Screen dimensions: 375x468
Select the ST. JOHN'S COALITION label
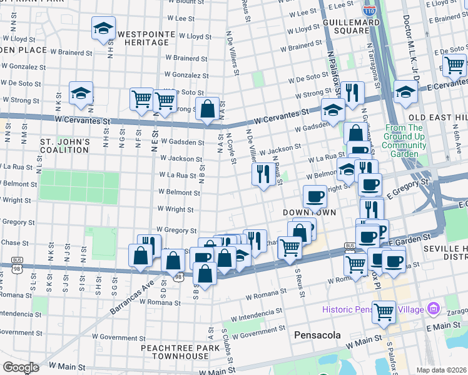[x=65, y=146]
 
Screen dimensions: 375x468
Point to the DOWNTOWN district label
[x=309, y=212]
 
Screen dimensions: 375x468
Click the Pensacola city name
[x=317, y=335]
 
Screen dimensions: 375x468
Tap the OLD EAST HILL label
[x=437, y=117]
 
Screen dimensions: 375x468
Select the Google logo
[x=20, y=367]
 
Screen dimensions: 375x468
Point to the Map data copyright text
[x=442, y=370]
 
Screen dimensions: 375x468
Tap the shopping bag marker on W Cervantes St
[x=207, y=110]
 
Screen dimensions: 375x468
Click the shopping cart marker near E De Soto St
[x=454, y=64]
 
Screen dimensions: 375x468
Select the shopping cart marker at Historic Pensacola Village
[x=384, y=311]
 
